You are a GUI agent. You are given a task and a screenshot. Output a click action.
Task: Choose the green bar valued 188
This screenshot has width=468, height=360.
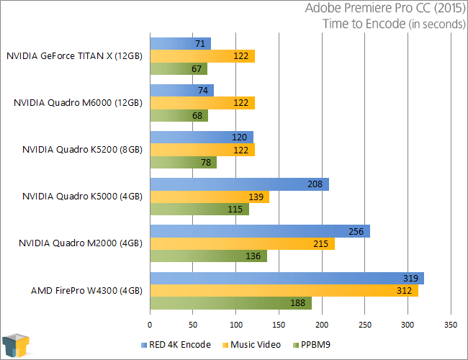pos(230,303)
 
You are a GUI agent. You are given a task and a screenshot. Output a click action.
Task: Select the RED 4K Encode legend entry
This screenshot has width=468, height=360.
pos(178,345)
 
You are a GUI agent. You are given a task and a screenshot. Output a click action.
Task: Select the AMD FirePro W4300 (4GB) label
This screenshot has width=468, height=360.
pos(86,291)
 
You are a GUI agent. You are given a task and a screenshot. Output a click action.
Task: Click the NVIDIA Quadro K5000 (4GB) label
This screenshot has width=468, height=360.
pos(82,197)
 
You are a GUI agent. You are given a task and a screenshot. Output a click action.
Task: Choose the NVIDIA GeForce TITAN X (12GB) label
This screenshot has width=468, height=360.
pos(75,55)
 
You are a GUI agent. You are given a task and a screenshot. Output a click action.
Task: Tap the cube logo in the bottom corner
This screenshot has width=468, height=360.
pos(16,345)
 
